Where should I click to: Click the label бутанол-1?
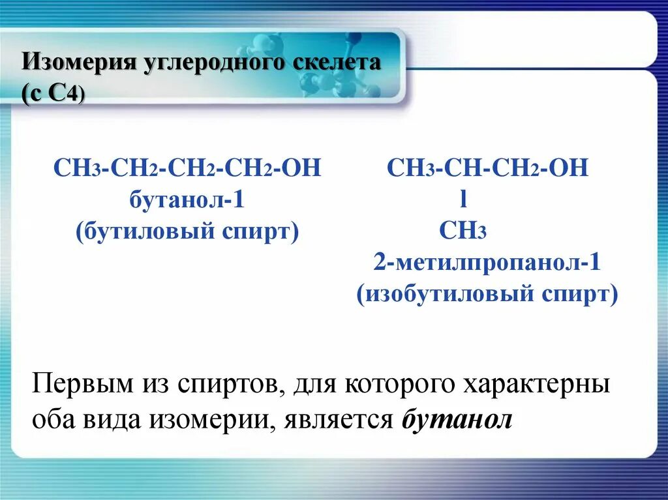tap(187, 199)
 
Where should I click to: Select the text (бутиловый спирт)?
tap(187, 231)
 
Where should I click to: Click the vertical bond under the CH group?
tap(463, 200)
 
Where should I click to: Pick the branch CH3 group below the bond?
tap(463, 231)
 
